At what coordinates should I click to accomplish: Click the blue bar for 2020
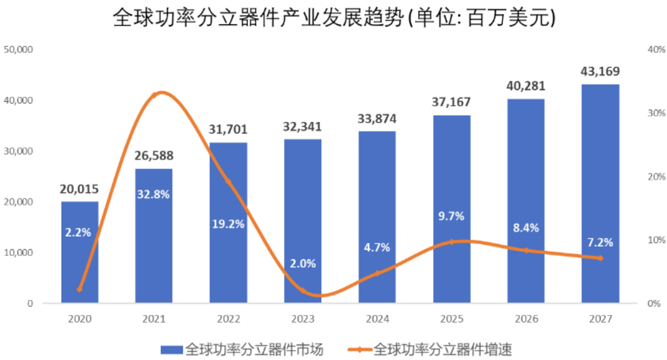(x=79, y=263)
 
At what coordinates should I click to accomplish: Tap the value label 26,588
(x=153, y=155)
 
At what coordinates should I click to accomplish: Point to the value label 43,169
(x=600, y=71)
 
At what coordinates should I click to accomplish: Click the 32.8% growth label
(x=153, y=193)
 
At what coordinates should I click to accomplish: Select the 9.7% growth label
(x=451, y=216)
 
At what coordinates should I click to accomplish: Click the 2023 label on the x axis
(x=302, y=319)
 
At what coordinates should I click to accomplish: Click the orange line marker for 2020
(x=79, y=289)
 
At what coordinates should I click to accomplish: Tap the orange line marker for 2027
(x=600, y=258)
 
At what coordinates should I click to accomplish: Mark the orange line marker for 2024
(x=377, y=273)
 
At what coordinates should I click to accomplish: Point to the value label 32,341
(x=302, y=126)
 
